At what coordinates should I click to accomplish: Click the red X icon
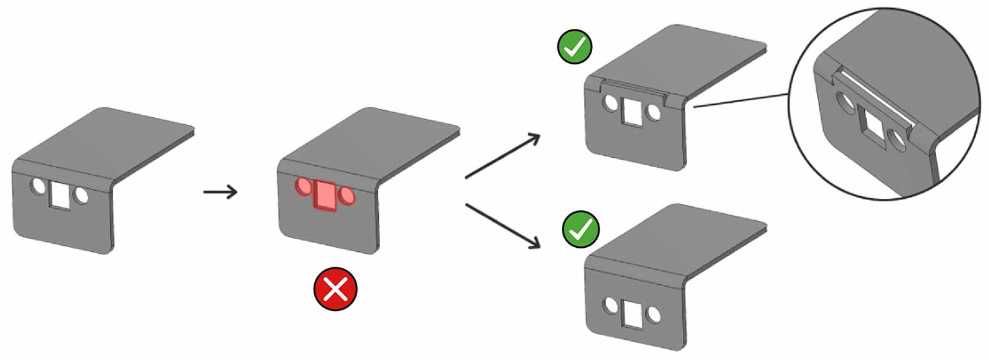(335, 289)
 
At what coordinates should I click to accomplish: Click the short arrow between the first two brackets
(220, 193)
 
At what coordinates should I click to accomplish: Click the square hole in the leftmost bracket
(60, 195)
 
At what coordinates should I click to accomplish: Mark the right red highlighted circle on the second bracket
(347, 196)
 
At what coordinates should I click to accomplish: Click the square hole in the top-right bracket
(632, 112)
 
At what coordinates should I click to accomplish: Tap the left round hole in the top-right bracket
(611, 103)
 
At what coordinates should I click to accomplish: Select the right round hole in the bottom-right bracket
(651, 314)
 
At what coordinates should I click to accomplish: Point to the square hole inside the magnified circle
(874, 124)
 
